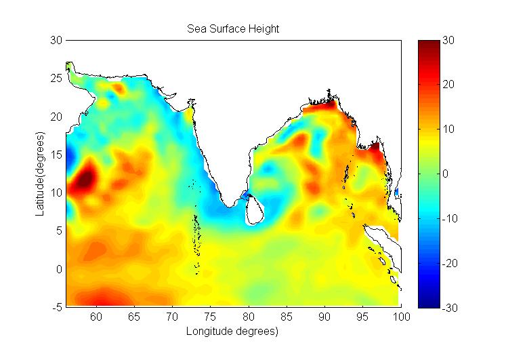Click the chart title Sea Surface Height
[x=233, y=29]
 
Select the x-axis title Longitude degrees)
[x=233, y=332]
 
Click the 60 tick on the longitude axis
[x=96, y=317]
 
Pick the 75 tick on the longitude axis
[x=211, y=317]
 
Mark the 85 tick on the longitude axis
[x=287, y=317]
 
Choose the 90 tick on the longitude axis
[x=325, y=317]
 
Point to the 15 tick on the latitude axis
[x=57, y=155]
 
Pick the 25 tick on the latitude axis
[x=57, y=79]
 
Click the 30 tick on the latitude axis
[x=57, y=41]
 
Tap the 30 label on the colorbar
[x=448, y=41]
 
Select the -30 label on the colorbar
[x=450, y=307]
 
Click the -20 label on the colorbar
[x=450, y=263]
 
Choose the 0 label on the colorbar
[x=446, y=174]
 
